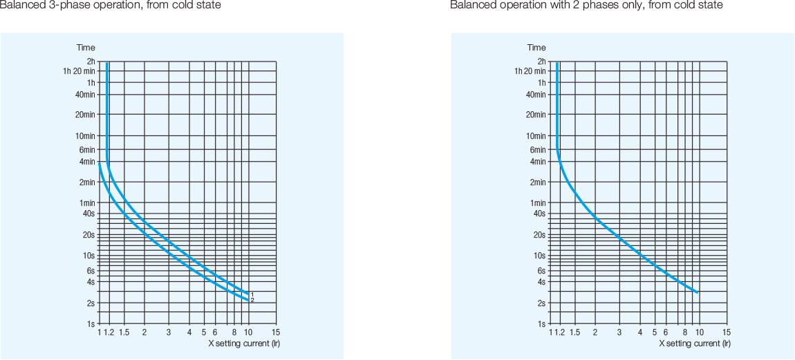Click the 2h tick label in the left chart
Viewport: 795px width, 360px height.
(x=91, y=61)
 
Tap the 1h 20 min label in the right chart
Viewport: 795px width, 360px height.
(x=530, y=70)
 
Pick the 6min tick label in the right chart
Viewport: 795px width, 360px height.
(x=538, y=149)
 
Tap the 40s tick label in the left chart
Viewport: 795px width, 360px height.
(x=88, y=214)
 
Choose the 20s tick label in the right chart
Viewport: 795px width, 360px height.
(x=539, y=235)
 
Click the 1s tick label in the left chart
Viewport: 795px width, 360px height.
(x=91, y=323)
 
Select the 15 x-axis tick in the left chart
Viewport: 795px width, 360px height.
(x=276, y=332)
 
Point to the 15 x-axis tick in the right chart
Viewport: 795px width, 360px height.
(x=727, y=332)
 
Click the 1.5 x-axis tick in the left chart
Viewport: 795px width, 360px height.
(x=124, y=332)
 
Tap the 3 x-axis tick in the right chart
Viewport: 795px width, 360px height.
(x=619, y=332)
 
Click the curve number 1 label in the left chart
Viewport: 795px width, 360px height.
(x=252, y=294)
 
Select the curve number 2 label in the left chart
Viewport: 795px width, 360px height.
(x=252, y=300)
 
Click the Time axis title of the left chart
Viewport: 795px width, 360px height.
(x=86, y=48)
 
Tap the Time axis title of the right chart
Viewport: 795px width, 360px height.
(x=536, y=48)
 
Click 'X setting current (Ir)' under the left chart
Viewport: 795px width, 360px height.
(x=244, y=343)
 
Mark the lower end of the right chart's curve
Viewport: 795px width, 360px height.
(x=698, y=293)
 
